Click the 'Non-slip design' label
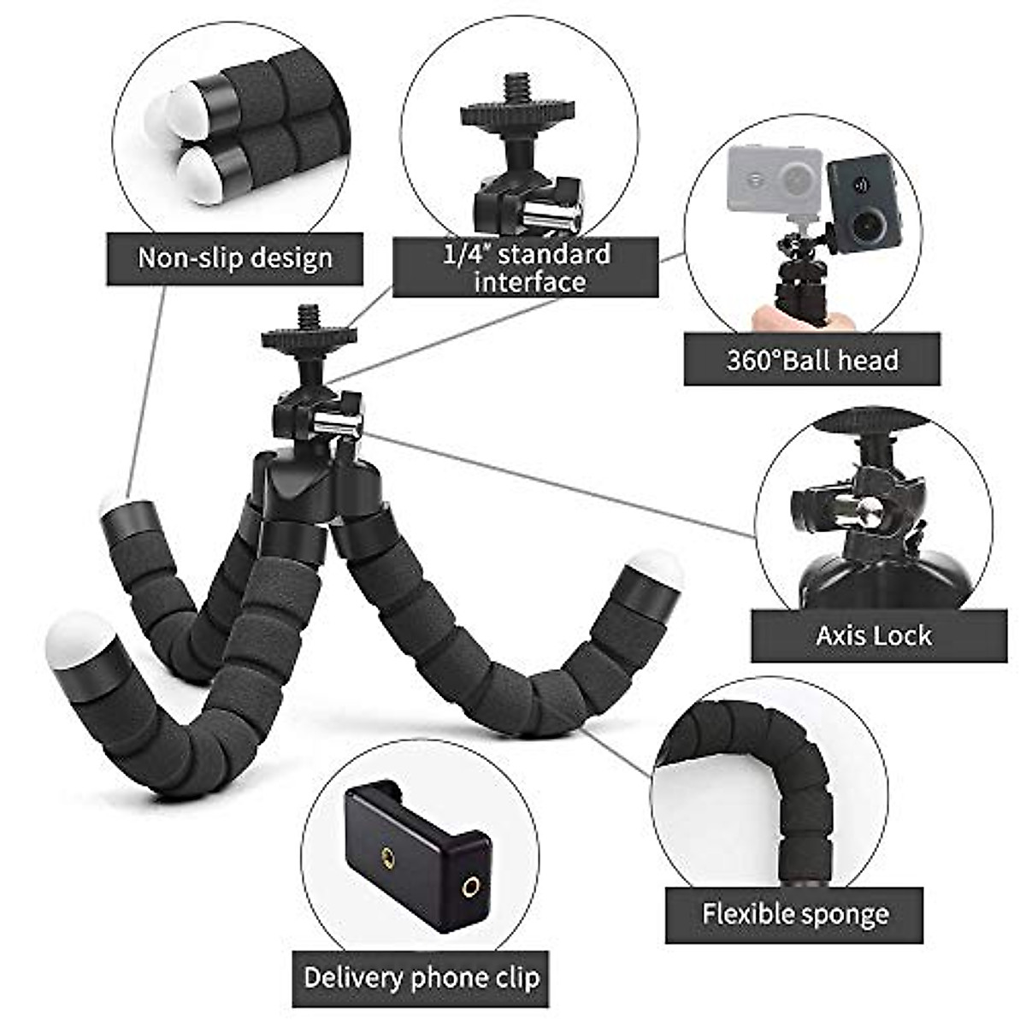235,257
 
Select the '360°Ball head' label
812,360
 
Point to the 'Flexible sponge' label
795,914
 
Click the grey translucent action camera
774,180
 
